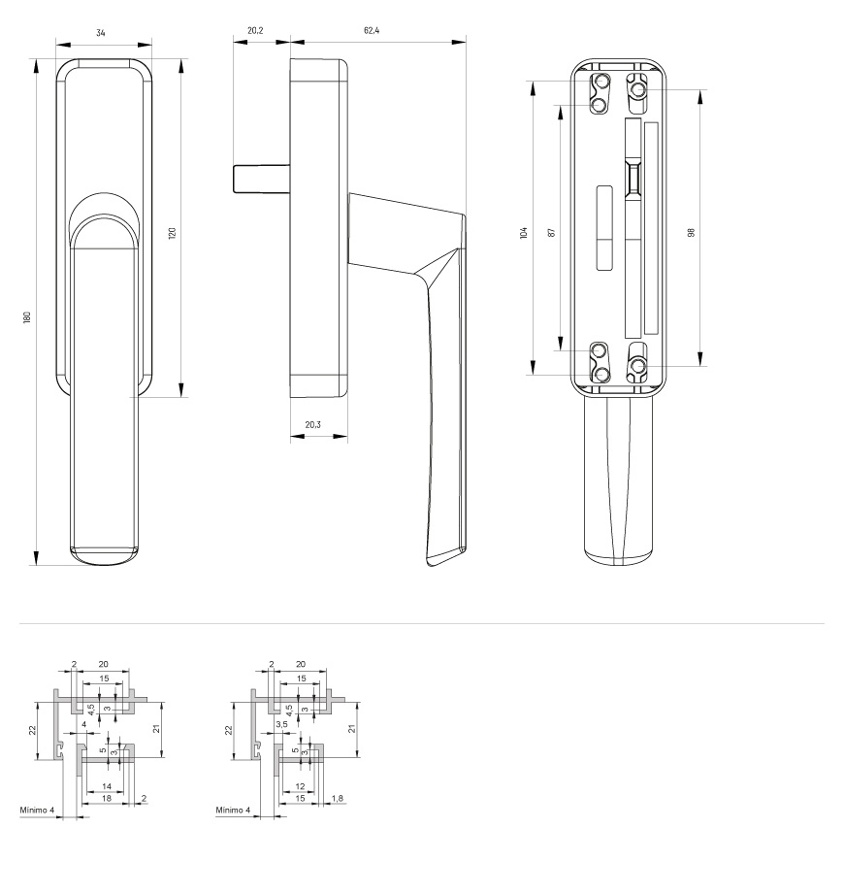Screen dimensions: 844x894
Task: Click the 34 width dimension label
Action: click(101, 33)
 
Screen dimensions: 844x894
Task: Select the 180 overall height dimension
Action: click(27, 317)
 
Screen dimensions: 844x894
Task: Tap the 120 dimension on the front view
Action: click(173, 233)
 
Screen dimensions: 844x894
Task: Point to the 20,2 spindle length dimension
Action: click(255, 31)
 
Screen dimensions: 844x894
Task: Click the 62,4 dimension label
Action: click(372, 31)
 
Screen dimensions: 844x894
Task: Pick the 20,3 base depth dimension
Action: click(313, 425)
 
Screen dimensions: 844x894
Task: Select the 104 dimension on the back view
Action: click(524, 233)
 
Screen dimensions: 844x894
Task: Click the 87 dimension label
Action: click(551, 233)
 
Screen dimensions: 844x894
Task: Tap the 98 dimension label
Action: click(692, 233)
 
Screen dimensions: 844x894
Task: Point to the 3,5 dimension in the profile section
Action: click(281, 724)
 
